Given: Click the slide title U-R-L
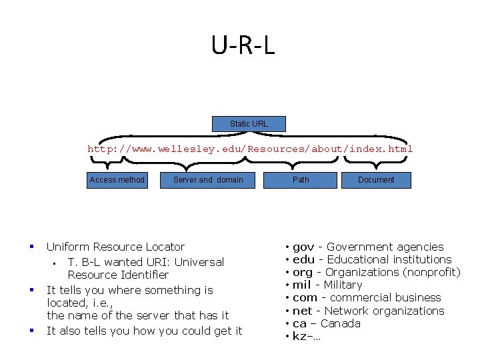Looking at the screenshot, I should click(x=243, y=45).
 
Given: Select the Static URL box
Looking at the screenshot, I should click(x=249, y=124).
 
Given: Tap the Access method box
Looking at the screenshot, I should click(x=117, y=180).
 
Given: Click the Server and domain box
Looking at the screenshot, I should click(x=208, y=180).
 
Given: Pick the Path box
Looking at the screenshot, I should click(x=301, y=180).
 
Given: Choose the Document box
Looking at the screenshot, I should click(x=376, y=180).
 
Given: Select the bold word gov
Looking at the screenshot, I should click(x=303, y=247).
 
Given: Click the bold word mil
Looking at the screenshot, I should click(x=302, y=285).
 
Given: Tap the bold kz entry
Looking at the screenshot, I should click(x=300, y=336).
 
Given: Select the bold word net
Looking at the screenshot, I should click(x=302, y=311).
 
